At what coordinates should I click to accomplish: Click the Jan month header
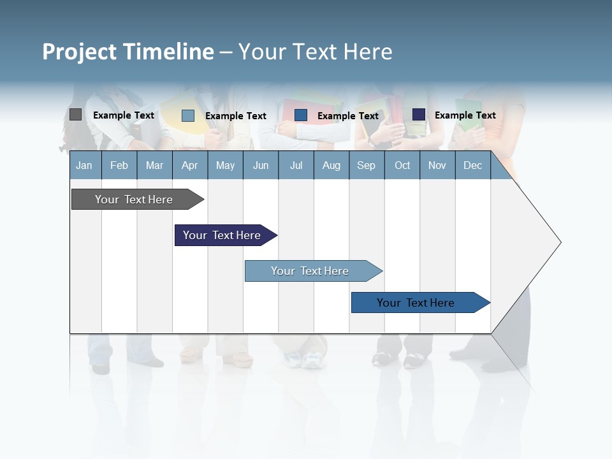[84, 165]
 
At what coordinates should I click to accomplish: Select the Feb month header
[119, 165]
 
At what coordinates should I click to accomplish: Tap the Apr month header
[189, 165]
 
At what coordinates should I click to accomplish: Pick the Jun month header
[261, 165]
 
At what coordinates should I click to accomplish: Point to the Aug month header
[331, 165]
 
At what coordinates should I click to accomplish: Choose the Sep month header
[366, 165]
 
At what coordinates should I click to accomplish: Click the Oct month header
[402, 165]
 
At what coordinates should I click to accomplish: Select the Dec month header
[472, 165]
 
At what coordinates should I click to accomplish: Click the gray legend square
[75, 115]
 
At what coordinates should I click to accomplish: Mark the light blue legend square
[188, 115]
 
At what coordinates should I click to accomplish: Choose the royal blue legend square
[301, 115]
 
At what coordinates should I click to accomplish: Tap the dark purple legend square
[419, 115]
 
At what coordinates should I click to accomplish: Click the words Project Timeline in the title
[127, 52]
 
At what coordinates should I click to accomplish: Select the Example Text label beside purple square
[465, 115]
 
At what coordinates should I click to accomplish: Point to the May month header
[225, 165]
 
